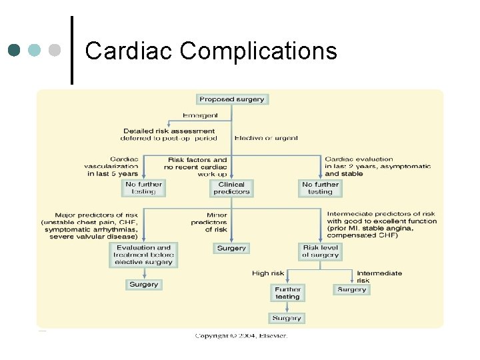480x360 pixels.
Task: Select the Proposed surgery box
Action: point(231,99)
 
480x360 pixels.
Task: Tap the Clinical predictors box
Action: point(231,188)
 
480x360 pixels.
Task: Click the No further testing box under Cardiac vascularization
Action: point(143,188)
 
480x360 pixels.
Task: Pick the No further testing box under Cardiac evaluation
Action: point(320,188)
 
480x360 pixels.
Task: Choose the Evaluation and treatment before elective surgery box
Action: point(144,255)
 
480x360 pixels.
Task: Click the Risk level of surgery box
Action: point(320,251)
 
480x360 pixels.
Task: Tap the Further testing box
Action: point(287,293)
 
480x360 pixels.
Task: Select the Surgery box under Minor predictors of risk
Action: point(231,248)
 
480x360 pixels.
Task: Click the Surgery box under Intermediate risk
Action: point(351,289)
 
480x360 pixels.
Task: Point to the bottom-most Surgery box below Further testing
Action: point(287,318)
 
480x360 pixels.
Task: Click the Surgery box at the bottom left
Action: point(143,285)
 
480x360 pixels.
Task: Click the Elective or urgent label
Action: point(266,138)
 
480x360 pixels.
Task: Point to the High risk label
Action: point(267,273)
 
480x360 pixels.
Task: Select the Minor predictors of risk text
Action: point(208,222)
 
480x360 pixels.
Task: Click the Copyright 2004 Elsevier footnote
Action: point(241,335)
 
